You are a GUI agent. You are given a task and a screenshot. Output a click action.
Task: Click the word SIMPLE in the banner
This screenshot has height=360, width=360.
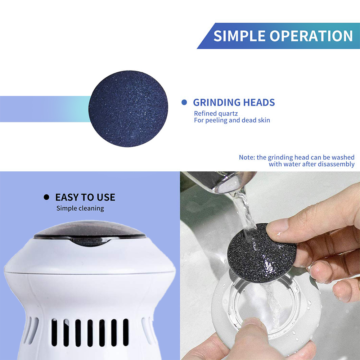tap(239, 36)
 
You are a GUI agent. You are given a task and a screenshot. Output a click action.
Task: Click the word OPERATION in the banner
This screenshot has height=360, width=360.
tap(311, 36)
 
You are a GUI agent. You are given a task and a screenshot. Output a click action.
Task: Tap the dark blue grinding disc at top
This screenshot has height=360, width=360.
tap(128, 109)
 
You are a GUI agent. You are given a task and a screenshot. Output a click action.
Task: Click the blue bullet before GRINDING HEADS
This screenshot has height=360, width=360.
tap(184, 102)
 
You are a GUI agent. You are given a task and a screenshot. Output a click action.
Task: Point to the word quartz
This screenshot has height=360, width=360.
tap(228, 114)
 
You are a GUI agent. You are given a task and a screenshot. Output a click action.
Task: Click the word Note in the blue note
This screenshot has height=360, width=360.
tap(247, 157)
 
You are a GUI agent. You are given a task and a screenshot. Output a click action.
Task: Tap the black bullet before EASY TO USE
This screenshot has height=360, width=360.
tap(46, 197)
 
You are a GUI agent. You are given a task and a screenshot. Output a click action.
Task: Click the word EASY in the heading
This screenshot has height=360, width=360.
tap(66, 197)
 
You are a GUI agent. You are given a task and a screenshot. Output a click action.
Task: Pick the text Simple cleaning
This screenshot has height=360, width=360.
tap(80, 208)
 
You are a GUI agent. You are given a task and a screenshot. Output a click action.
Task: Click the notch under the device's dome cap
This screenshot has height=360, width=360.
tap(90, 242)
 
